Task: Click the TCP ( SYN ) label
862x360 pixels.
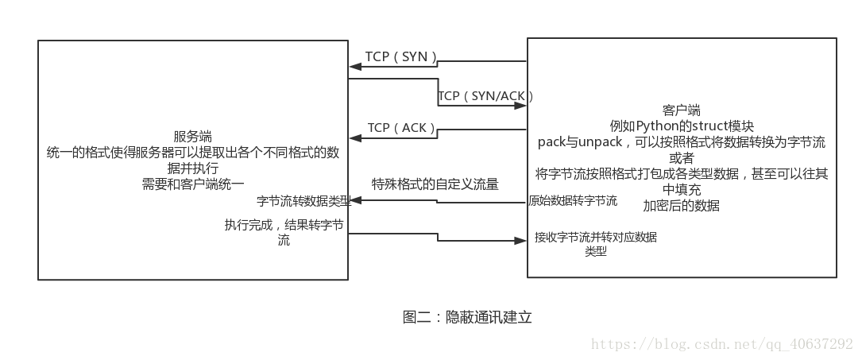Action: pyautogui.click(x=401, y=57)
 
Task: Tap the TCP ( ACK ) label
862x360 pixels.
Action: pyautogui.click(x=402, y=128)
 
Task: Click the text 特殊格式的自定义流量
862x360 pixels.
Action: pyautogui.click(x=435, y=184)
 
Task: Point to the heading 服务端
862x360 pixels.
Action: pyautogui.click(x=192, y=137)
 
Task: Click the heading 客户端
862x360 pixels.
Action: pyautogui.click(x=681, y=110)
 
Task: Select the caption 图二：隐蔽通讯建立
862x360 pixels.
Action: pyautogui.click(x=467, y=317)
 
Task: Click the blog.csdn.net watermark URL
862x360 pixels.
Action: pyautogui.click(x=723, y=343)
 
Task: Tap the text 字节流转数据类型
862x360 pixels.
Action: pyautogui.click(x=303, y=201)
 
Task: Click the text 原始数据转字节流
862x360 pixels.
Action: pyautogui.click(x=573, y=201)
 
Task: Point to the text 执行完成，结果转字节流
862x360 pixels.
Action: pyautogui.click(x=284, y=233)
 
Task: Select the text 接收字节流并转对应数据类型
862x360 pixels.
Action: pyautogui.click(x=596, y=243)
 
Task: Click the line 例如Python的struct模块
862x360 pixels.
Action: pyautogui.click(x=681, y=126)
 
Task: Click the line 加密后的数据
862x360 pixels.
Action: pyautogui.click(x=681, y=206)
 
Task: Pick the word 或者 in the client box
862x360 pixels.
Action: pyautogui.click(x=681, y=158)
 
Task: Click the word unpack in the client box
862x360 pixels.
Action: pyautogui.click(x=600, y=142)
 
